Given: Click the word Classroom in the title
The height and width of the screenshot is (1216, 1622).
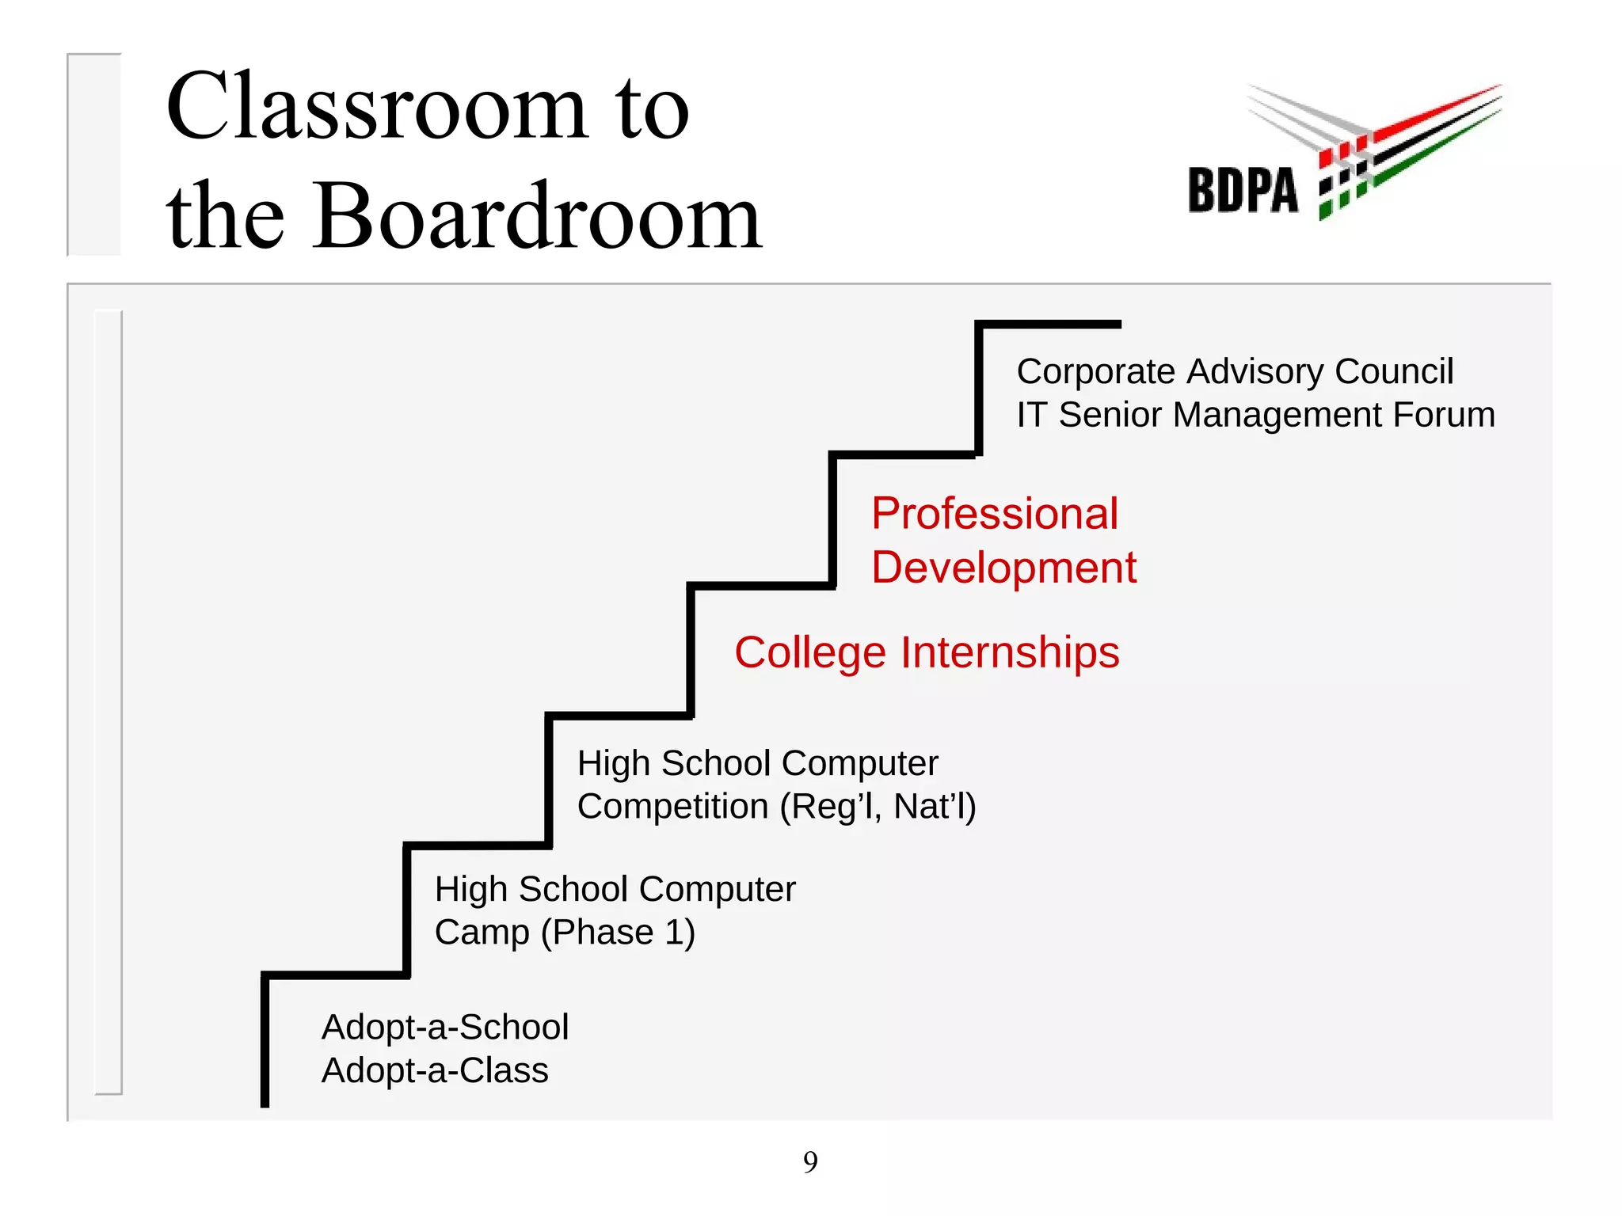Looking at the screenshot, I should [376, 107].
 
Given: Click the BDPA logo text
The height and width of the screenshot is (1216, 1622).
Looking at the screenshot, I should [1243, 191].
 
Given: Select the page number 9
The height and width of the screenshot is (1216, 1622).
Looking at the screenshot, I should [810, 1161].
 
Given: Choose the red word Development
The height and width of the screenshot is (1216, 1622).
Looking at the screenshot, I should [1003, 568].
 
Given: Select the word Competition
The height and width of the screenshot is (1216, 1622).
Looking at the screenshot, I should [672, 807].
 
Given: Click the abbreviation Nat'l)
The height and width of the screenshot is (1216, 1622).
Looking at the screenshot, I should [935, 807].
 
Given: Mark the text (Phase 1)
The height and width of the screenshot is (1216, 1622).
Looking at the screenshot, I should [618, 933].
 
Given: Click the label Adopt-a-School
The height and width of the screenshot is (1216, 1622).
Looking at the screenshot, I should [445, 1028].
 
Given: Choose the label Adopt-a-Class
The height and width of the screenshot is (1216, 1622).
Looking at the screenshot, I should [435, 1071].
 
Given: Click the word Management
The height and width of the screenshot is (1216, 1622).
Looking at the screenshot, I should [1277, 415].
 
